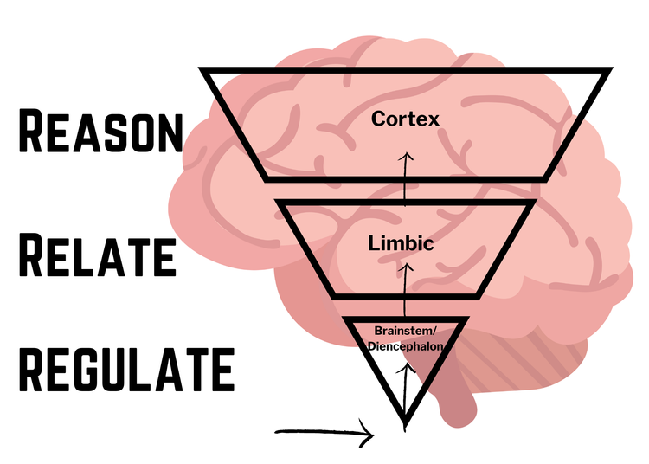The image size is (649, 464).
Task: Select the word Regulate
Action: [126, 367]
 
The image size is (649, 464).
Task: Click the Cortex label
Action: [405, 119]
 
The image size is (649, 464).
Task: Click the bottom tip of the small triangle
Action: [404, 424]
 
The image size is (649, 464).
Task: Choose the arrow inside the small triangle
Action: [404, 381]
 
